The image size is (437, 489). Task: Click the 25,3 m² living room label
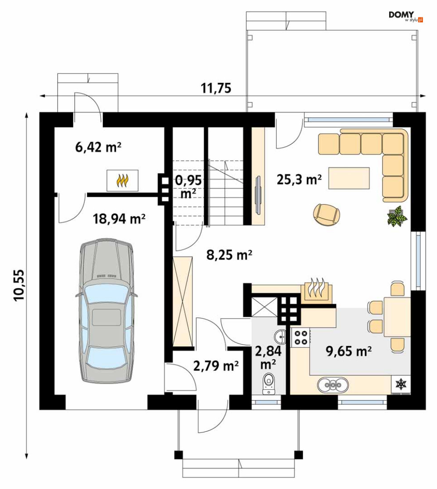299,180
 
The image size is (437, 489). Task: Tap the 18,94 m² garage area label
119,219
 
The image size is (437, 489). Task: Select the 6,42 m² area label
98,147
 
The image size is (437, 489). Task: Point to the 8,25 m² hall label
229,255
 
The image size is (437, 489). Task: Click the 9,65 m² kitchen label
348,351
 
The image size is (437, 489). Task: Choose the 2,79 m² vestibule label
216,366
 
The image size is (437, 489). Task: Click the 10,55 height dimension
19,285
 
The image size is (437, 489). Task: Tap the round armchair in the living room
326,214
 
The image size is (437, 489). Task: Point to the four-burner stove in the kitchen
300,338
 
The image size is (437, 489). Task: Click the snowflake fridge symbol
401,384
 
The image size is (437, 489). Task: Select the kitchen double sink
333,385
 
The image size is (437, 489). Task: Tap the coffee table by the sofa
349,178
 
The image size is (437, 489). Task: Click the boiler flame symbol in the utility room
122,180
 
